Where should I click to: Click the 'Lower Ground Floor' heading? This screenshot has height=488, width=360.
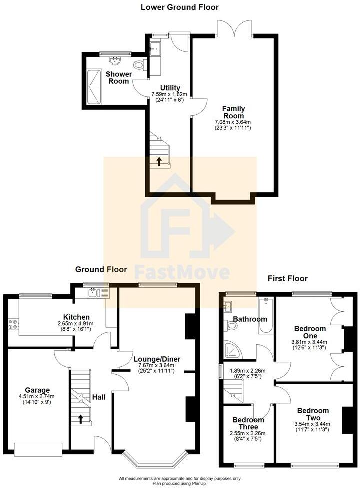click(x=179, y=7)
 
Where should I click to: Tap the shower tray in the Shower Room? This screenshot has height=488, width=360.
click(x=94, y=87)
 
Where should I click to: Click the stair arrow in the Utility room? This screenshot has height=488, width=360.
click(x=159, y=161)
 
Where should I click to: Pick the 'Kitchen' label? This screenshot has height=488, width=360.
click(x=76, y=317)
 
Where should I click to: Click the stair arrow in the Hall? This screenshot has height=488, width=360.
click(x=80, y=419)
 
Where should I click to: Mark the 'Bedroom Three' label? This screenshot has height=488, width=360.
click(x=248, y=423)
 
